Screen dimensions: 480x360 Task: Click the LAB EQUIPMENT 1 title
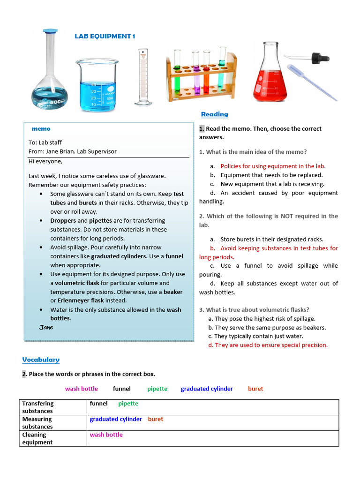pyautogui.click(x=105, y=36)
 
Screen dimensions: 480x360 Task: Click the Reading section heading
pyautogui.click(x=214, y=114)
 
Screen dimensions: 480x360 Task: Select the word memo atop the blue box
pyautogui.click(x=41, y=129)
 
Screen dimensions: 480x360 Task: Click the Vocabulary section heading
pyautogui.click(x=41, y=360)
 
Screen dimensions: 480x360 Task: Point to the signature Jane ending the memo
pyautogui.click(x=46, y=327)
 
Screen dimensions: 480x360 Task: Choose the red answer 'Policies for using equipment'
pyautogui.click(x=272, y=166)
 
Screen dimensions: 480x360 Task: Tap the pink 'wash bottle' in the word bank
pyautogui.click(x=82, y=389)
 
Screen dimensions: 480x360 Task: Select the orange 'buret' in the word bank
pyautogui.click(x=255, y=389)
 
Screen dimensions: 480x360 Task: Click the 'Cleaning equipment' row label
pyautogui.click(x=37, y=438)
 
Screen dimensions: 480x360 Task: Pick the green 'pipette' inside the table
pyautogui.click(x=128, y=404)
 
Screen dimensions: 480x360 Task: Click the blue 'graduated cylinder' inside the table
pyautogui.click(x=116, y=419)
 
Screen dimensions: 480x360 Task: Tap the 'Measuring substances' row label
pyautogui.click(x=37, y=423)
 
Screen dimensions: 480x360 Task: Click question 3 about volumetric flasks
pyautogui.click(x=254, y=310)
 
